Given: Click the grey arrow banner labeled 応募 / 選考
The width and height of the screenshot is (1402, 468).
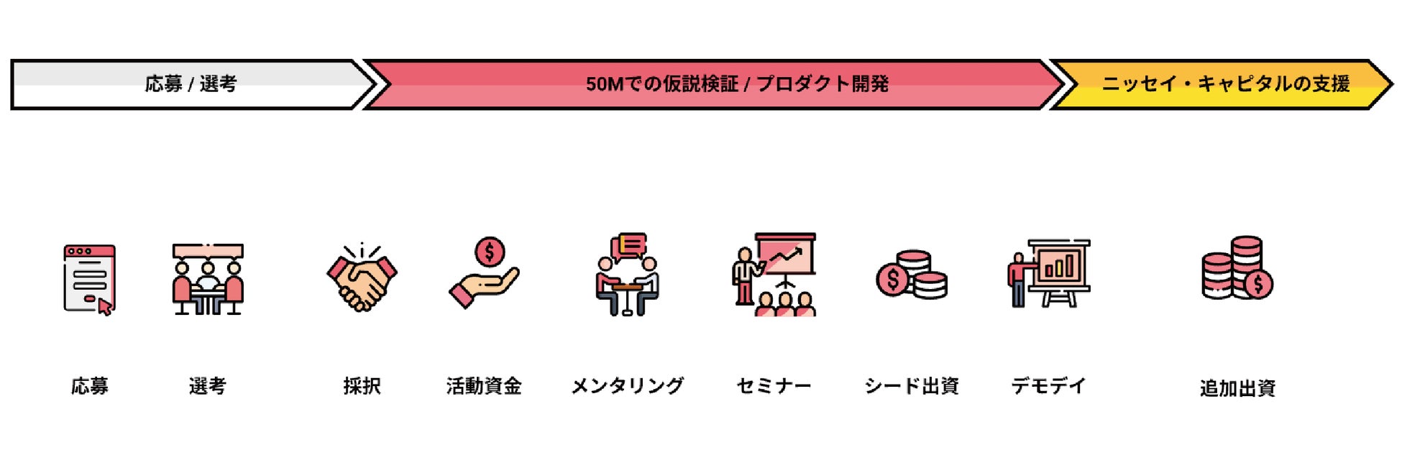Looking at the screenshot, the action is (x=191, y=84).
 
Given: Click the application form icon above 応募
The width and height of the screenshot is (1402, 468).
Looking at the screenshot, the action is (x=89, y=279).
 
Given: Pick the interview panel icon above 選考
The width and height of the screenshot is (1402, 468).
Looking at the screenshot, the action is (x=208, y=279).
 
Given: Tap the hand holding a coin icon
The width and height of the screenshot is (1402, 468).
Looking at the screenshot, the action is (x=484, y=273).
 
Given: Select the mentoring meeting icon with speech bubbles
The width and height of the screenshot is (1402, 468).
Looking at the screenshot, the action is (x=628, y=275).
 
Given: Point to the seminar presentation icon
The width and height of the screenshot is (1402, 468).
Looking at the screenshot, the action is (x=774, y=275).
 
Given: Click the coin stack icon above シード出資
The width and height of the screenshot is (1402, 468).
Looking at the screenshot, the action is (x=912, y=275).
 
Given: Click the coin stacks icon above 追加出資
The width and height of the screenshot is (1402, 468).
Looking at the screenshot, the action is (x=1237, y=268).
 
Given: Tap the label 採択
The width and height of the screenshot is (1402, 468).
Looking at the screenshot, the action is (x=362, y=386).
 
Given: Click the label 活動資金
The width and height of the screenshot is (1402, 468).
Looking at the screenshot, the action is (x=484, y=386).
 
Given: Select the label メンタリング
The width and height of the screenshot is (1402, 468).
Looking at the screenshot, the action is (x=628, y=386).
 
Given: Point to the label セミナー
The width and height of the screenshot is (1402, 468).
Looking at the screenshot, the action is (x=774, y=386).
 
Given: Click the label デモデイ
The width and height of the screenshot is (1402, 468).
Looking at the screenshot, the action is (x=1048, y=386).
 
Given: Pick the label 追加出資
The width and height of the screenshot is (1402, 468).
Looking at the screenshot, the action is (x=1237, y=388).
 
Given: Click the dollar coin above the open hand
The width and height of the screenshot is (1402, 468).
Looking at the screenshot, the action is (x=490, y=252).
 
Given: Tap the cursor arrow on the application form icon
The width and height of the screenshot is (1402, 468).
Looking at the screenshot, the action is (x=105, y=307).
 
